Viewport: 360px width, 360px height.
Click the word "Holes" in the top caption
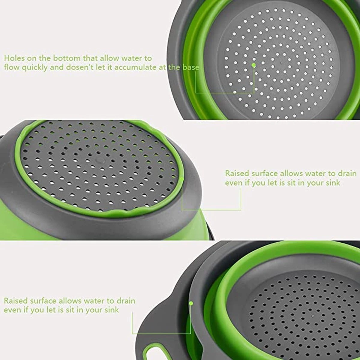click(15, 58)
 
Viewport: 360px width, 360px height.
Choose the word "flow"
click(12, 67)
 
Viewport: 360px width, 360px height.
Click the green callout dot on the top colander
click(253, 65)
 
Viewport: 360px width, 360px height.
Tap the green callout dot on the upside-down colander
click(182, 179)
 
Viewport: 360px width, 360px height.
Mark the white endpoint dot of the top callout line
click(235, 92)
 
